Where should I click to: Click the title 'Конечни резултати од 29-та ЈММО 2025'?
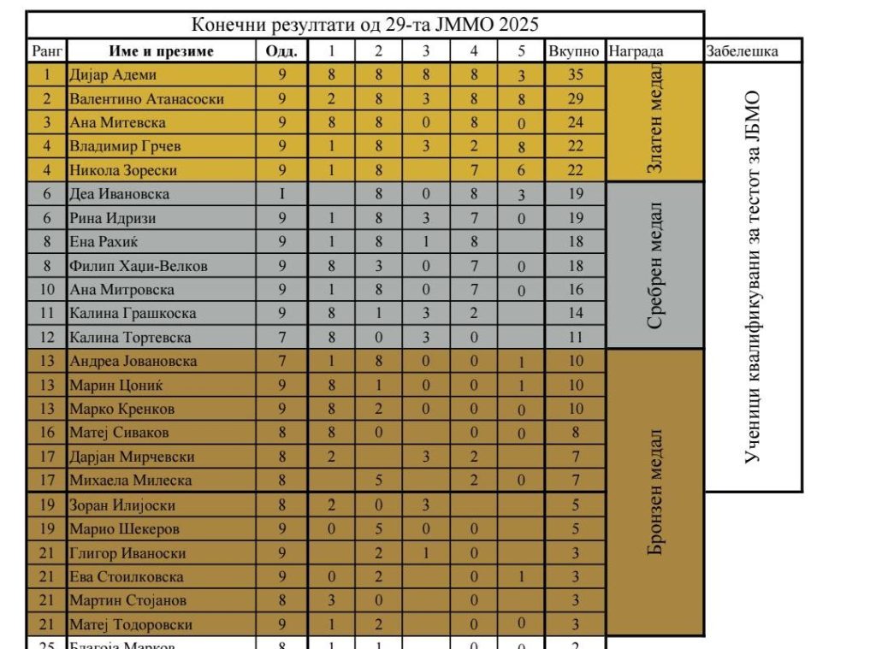[x=364, y=24]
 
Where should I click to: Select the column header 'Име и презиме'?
[x=161, y=51]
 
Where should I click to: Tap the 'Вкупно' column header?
[x=575, y=51]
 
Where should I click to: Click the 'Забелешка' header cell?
[x=742, y=51]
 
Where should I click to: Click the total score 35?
[x=575, y=75]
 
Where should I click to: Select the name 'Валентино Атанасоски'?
[x=146, y=99]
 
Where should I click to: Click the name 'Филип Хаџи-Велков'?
[x=139, y=266]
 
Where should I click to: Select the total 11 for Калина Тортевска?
[x=575, y=338]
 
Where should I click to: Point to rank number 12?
[x=46, y=338]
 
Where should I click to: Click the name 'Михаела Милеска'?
[x=130, y=481]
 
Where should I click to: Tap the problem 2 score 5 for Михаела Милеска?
[x=378, y=481]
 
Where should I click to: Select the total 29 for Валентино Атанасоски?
[x=575, y=99]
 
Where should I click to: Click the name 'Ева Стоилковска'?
[x=126, y=576]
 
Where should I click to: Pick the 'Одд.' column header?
[x=281, y=51]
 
